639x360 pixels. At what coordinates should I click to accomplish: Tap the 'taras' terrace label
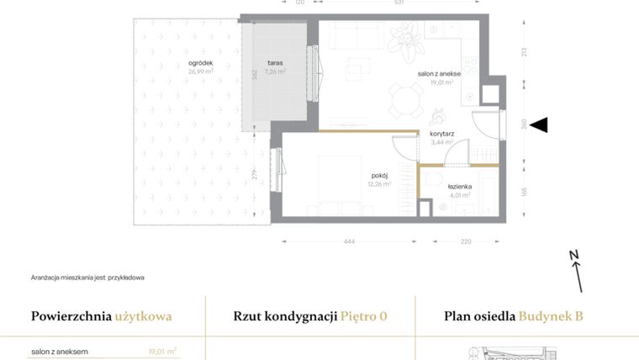(x=275, y=63)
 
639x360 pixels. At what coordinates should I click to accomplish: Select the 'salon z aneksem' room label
(x=440, y=74)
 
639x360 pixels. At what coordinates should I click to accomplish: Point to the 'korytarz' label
(x=442, y=134)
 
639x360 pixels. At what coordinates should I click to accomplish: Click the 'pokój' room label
(x=378, y=175)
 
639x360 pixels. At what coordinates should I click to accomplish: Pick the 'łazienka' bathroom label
(x=460, y=186)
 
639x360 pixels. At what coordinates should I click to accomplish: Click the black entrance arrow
(x=540, y=125)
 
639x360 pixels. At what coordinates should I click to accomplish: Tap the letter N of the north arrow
(x=573, y=254)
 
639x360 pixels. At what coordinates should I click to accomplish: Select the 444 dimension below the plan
(x=349, y=241)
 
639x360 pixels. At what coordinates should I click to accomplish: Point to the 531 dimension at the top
(x=399, y=3)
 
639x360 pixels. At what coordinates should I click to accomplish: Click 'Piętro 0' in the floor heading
(x=364, y=316)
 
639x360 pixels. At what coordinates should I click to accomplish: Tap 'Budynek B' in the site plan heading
(x=551, y=316)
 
